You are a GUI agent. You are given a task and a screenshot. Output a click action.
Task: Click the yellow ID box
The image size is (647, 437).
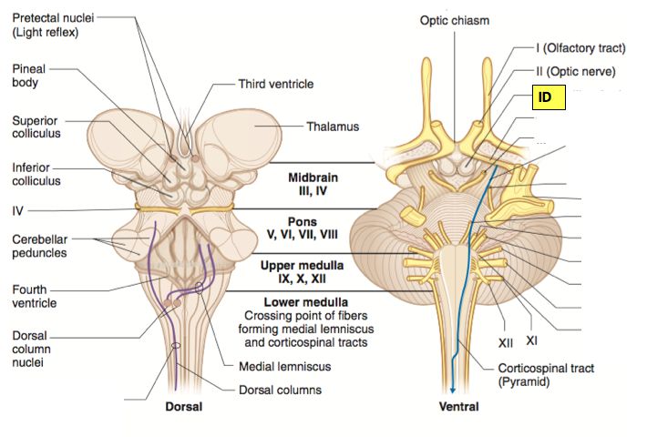(549, 98)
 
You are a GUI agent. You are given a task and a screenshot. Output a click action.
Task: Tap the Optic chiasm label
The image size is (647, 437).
(456, 20)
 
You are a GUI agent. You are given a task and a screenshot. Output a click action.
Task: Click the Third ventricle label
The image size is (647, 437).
(276, 84)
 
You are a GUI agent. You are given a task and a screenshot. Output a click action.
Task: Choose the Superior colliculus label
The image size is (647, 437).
(36, 127)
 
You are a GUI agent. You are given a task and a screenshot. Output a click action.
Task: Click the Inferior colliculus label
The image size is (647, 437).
(36, 174)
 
